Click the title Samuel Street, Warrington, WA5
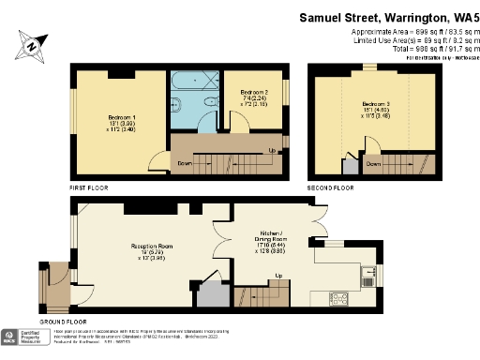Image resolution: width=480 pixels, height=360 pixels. tap(388, 17)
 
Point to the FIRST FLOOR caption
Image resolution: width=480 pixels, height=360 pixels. tap(89, 188)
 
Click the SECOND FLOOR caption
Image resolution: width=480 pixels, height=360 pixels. tap(332, 188)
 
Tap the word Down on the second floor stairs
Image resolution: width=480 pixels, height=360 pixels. tap(374, 164)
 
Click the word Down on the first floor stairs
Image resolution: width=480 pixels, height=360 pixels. tap(186, 164)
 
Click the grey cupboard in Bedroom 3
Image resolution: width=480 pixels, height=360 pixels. tap(351, 167)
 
